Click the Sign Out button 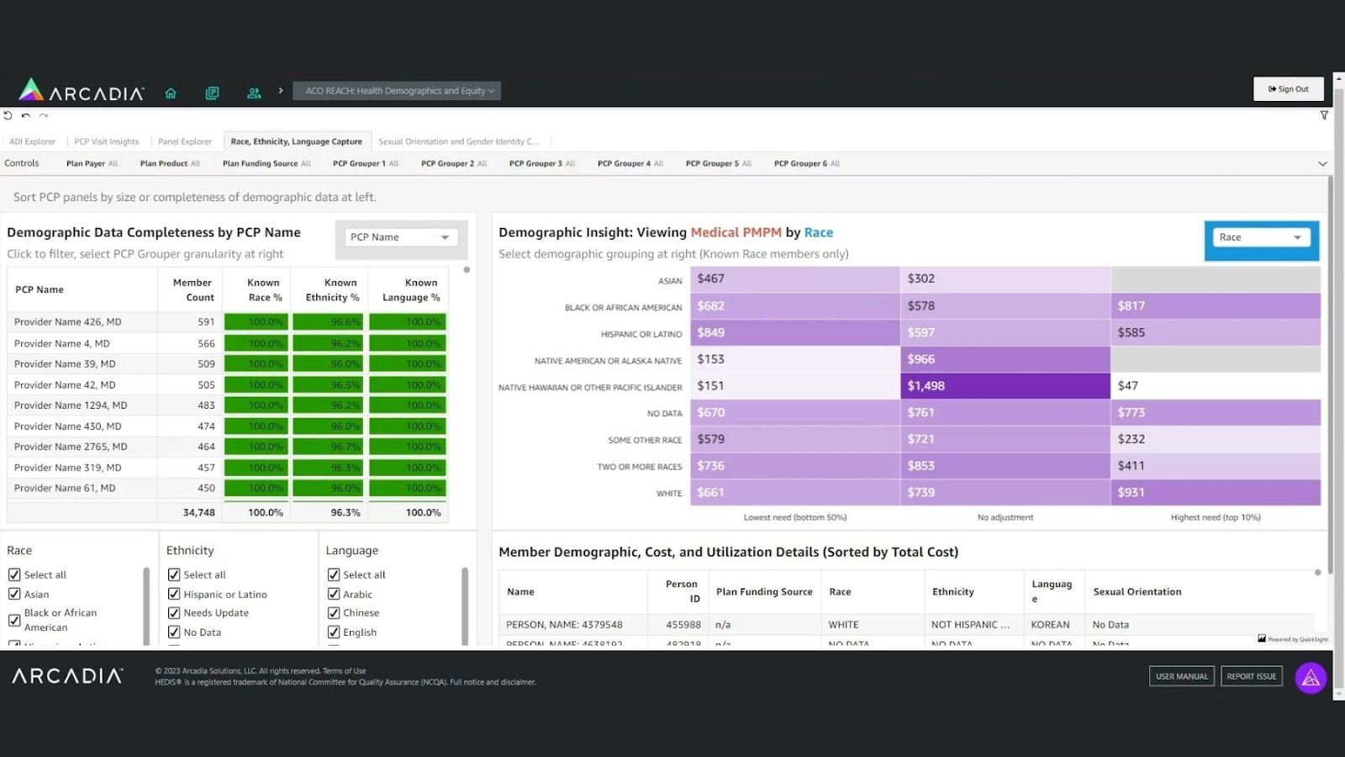point(1288,89)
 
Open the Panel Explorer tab point(184,141)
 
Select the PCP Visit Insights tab point(106,141)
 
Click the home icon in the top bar point(171,93)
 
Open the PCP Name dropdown point(400,237)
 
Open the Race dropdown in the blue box point(1260,237)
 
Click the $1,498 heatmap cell point(1005,386)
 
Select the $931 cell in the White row point(1215,492)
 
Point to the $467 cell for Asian point(794,278)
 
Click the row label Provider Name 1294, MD point(71,405)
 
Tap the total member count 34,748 point(198,512)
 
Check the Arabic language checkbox point(334,594)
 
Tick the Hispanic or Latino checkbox point(174,594)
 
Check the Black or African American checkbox point(14,620)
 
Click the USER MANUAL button point(1181,676)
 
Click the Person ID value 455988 point(683,625)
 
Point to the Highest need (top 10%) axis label point(1215,517)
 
